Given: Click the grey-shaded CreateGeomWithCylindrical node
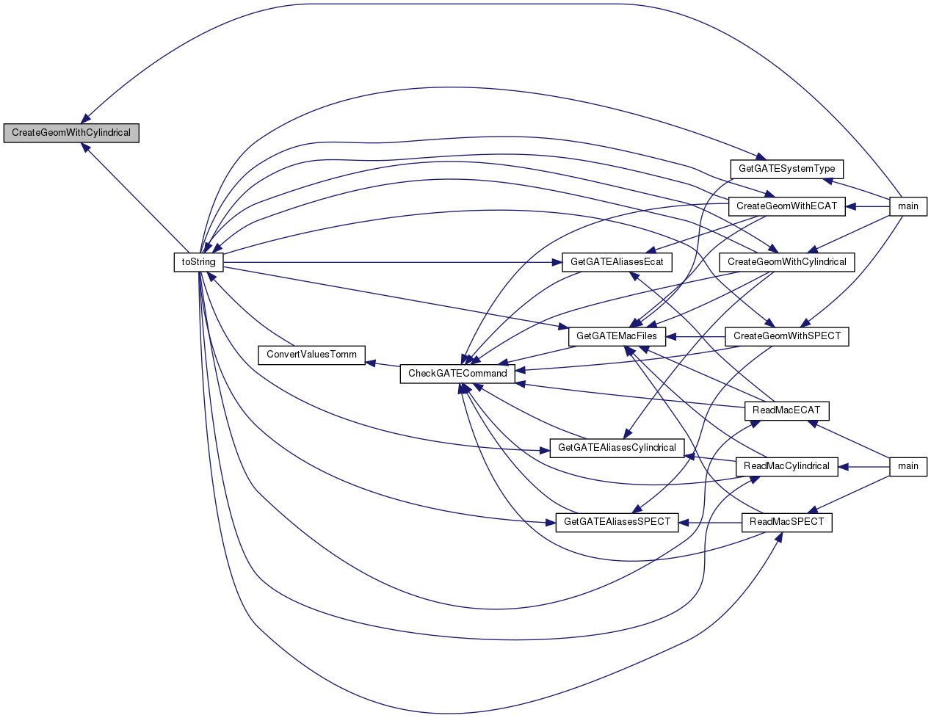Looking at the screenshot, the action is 71,133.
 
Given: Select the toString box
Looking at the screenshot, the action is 198,262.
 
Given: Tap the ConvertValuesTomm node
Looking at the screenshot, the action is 311,355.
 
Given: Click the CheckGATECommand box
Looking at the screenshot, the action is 457,374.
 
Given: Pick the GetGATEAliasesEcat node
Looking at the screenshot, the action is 617,262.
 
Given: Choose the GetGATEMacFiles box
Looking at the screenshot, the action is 617,336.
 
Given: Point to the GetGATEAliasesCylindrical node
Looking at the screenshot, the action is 617,448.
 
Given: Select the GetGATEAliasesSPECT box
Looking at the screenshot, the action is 617,522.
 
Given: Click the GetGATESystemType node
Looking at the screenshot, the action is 786,169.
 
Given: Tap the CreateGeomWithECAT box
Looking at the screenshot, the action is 786,206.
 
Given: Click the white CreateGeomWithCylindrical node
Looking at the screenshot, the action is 786,262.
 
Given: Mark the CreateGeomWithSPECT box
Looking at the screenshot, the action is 786,336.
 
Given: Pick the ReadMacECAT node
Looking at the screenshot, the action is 786,411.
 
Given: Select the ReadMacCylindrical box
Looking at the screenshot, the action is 786,466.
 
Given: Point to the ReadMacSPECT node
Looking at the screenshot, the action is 786,522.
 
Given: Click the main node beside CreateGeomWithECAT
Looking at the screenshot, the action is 908,206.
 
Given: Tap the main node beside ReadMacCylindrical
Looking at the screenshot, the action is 908,466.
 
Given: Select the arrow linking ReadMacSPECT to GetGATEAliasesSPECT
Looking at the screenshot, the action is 710,523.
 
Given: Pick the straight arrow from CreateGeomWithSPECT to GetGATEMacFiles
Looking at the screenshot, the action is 695,337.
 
